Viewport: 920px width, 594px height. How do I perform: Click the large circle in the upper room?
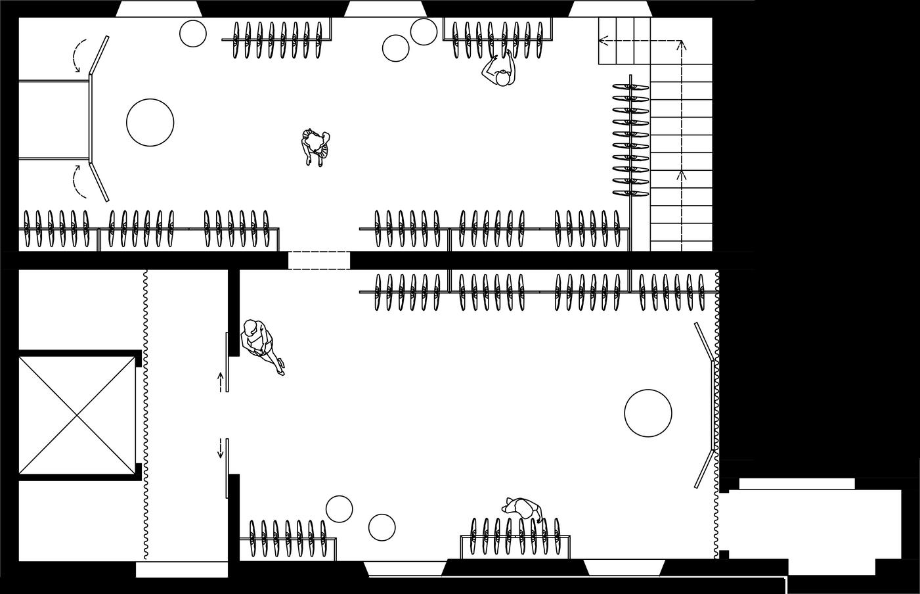(150, 122)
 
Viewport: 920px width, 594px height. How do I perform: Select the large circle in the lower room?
(647, 413)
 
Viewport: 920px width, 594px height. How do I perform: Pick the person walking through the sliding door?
(261, 344)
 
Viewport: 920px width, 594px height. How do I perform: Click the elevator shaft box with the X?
(77, 414)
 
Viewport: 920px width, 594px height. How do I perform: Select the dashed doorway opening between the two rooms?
(319, 260)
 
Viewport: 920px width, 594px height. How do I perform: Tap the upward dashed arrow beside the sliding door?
(221, 381)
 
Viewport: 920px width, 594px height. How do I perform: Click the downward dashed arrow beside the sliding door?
(221, 449)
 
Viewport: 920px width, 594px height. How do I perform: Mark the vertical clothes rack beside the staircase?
(631, 138)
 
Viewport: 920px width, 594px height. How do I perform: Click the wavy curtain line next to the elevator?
(144, 414)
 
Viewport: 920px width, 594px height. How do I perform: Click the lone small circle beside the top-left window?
(193, 34)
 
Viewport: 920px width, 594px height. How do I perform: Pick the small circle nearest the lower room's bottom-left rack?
(340, 509)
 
